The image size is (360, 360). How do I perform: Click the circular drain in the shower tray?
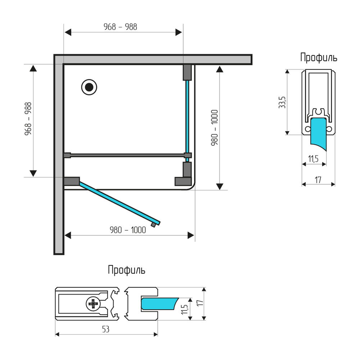click(x=89, y=87)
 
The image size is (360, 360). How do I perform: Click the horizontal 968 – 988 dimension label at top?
click(x=120, y=27)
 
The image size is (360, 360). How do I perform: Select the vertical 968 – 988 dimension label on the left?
click(x=28, y=119)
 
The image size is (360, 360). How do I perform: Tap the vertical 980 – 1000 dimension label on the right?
click(x=215, y=128)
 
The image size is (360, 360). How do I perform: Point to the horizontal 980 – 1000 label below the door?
click(x=128, y=230)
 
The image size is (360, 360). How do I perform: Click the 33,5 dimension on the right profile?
click(x=282, y=102)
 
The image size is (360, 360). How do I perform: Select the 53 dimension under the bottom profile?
click(x=105, y=329)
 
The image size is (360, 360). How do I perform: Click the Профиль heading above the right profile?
click(x=319, y=57)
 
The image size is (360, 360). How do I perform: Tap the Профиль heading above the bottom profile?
click(x=126, y=270)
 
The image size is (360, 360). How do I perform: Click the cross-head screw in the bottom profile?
click(x=93, y=304)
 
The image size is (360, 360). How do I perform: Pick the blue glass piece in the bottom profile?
click(x=160, y=304)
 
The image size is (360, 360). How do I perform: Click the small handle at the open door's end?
click(x=153, y=225)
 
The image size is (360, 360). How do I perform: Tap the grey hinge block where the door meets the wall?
click(x=72, y=181)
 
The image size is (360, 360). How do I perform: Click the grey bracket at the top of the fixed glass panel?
click(x=187, y=72)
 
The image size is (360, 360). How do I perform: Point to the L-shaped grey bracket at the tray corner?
click(x=184, y=174)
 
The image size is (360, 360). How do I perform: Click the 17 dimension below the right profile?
click(x=318, y=180)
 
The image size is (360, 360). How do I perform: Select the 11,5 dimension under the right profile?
click(x=314, y=159)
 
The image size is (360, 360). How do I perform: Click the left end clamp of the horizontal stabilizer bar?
click(x=67, y=155)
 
